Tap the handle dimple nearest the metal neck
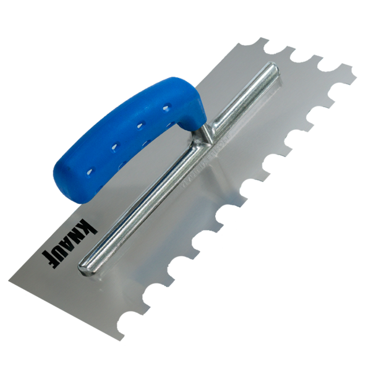coord(166,108)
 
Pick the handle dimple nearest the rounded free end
coord(90,171)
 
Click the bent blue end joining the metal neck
coord(192,111)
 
